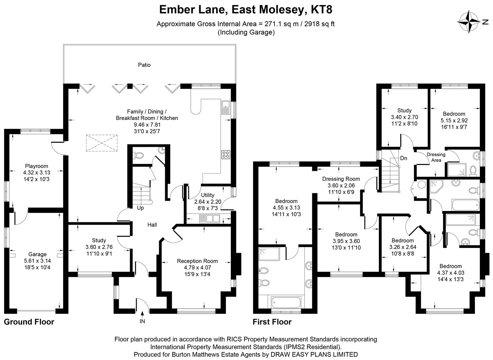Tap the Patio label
pos(144,65)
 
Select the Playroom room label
pos(36,166)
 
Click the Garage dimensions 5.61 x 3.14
pos(37,261)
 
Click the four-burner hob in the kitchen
pos(225,154)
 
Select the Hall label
pos(152,225)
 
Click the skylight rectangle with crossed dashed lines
pos(102,143)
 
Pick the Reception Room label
pos(197,261)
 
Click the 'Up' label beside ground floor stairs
pos(140,208)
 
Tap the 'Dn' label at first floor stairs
pos(404,158)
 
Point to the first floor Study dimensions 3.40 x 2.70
pos(404,117)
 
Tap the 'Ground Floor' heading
pos(29,322)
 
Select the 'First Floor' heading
pos(272,322)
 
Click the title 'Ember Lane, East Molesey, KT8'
pos(246,10)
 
